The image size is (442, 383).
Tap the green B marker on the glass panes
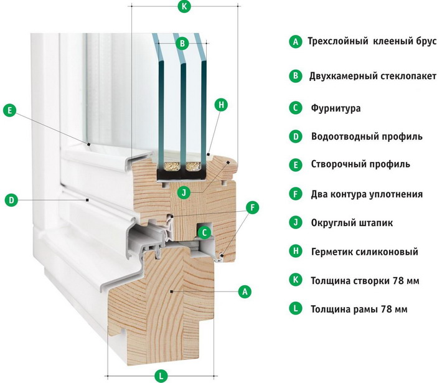[181, 43]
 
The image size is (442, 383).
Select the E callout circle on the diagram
[9, 110]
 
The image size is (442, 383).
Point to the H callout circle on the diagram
[220, 105]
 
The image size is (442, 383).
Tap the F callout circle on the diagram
[252, 206]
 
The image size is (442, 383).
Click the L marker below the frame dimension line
[160, 376]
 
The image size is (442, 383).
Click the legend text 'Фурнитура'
[336, 108]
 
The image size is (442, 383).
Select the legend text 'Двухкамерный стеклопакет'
[373, 76]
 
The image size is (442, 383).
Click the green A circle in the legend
[296, 42]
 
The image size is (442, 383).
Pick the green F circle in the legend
[296, 194]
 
